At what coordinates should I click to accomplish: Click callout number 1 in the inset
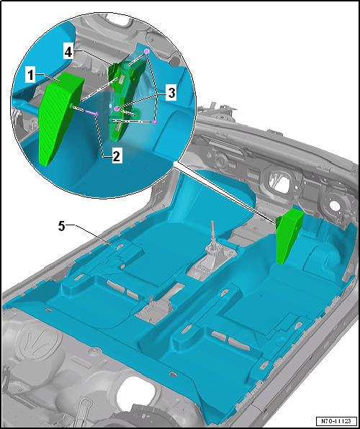(30, 76)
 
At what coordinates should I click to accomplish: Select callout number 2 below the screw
(116, 156)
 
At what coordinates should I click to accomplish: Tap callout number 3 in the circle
(171, 94)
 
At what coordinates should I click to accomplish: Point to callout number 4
(68, 53)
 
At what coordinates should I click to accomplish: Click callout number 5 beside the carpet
(62, 227)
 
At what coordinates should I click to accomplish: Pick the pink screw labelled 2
(91, 112)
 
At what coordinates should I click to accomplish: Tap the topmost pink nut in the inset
(147, 51)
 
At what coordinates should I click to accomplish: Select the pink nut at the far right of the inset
(155, 122)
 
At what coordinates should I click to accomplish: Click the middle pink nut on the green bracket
(117, 109)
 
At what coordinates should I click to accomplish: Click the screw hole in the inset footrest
(71, 106)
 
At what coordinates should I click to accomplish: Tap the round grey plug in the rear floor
(95, 351)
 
